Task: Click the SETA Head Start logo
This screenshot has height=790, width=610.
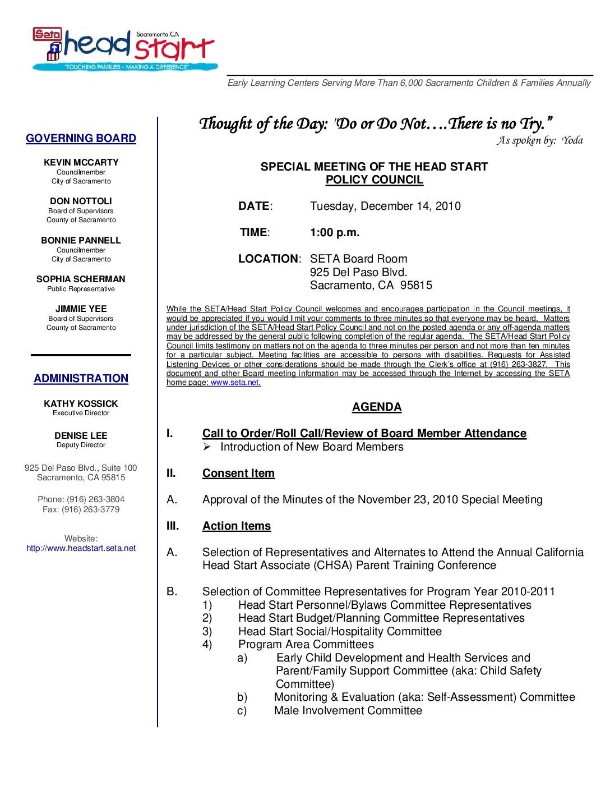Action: point(123,49)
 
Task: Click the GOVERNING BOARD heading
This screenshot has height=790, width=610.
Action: point(81,139)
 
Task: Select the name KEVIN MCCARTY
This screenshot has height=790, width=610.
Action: point(81,163)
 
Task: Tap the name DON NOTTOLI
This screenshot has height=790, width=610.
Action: point(81,201)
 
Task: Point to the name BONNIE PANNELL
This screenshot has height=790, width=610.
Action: point(81,241)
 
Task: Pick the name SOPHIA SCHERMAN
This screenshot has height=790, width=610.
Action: point(81,279)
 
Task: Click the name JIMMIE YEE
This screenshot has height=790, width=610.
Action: point(81,309)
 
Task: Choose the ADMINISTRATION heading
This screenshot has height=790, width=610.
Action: point(81,379)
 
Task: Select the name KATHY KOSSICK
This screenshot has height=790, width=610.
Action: point(81,404)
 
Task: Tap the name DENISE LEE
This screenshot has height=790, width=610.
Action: point(81,436)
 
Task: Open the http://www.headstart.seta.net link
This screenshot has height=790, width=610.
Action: point(81,549)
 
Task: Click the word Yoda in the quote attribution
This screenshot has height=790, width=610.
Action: point(572,141)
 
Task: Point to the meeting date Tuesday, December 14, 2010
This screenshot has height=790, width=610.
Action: point(385,206)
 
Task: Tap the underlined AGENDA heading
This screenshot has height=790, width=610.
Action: point(377,407)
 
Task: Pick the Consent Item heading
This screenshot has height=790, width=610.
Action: point(238,474)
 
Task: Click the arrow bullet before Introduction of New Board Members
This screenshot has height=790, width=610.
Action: point(206,447)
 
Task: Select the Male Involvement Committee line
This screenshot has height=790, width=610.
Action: point(348,711)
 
